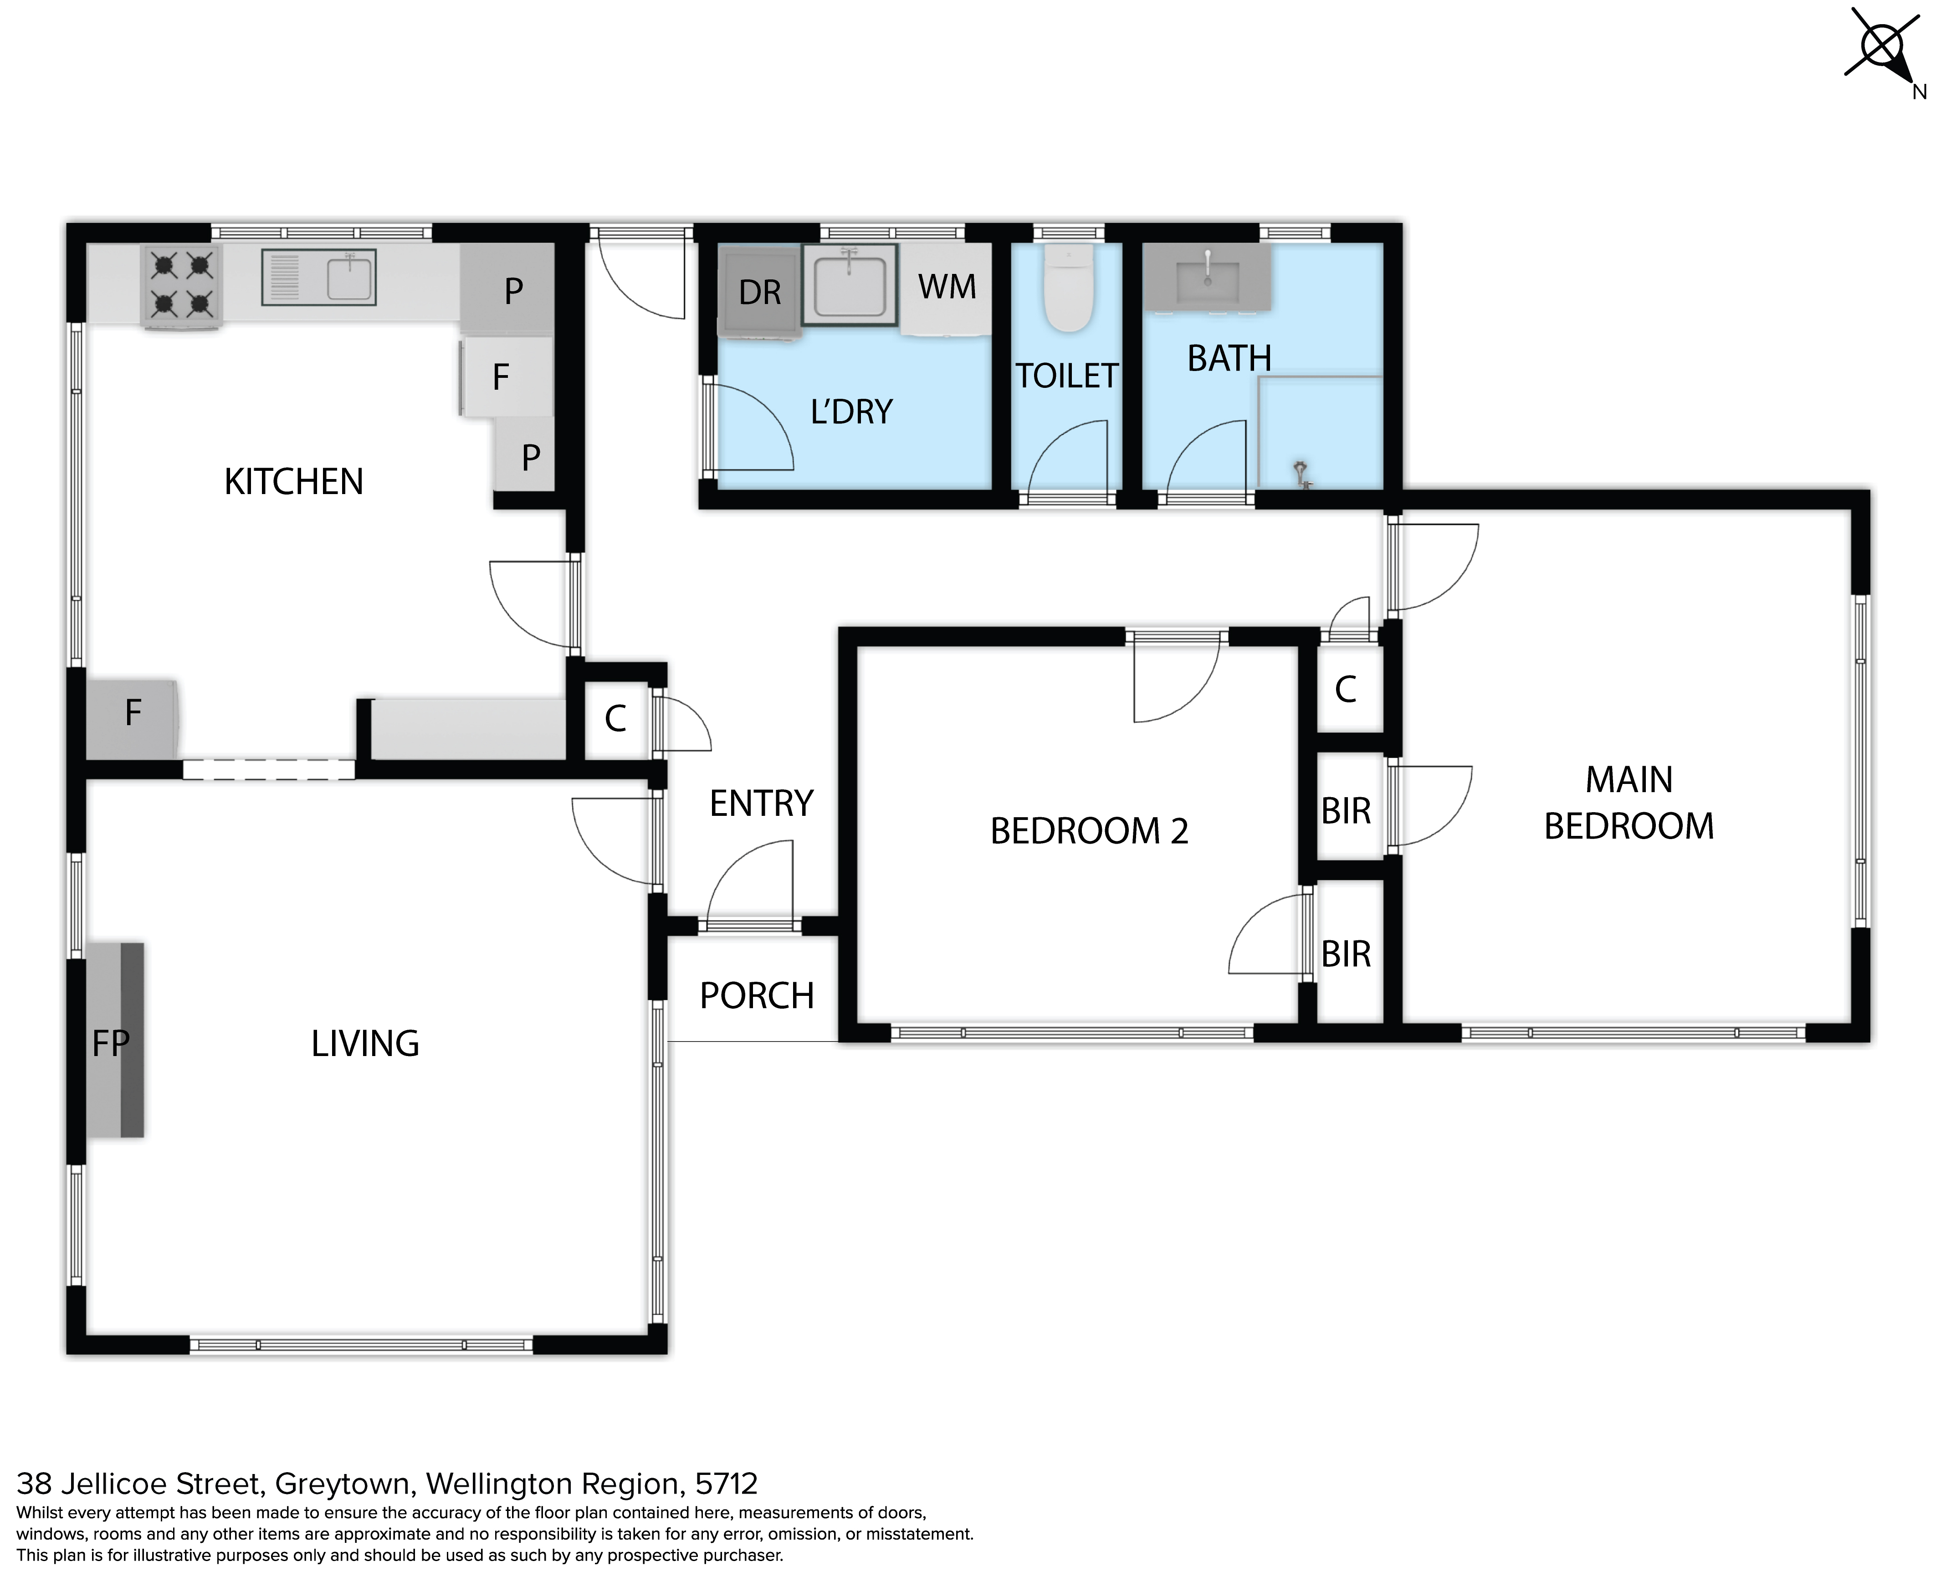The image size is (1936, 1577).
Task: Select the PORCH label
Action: pyautogui.click(x=757, y=995)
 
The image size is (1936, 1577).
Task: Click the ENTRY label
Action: pyautogui.click(x=761, y=803)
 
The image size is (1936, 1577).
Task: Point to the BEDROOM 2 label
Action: pyautogui.click(x=1089, y=830)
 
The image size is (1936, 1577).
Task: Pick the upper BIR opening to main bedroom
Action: pyautogui.click(x=1346, y=810)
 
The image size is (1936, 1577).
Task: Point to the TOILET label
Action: pyautogui.click(x=1067, y=376)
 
